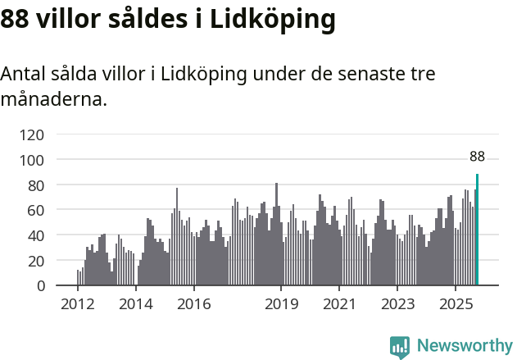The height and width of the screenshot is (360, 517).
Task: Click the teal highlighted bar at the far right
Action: tap(477, 230)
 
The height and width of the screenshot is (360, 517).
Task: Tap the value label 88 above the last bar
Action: tap(477, 157)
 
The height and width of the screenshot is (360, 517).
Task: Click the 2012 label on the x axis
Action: tap(78, 305)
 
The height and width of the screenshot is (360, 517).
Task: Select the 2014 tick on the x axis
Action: tap(136, 305)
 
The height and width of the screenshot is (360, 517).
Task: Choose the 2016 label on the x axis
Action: tap(193, 305)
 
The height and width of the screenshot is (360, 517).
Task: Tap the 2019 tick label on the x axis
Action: tap(281, 305)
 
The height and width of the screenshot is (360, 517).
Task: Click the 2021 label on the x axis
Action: tap(338, 305)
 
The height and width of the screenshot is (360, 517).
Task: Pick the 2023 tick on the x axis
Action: tap(397, 305)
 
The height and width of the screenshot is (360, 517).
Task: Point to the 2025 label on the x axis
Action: tap(455, 305)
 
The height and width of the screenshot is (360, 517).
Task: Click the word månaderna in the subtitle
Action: tap(53, 99)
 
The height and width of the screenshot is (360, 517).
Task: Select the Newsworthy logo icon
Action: tap(400, 347)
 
